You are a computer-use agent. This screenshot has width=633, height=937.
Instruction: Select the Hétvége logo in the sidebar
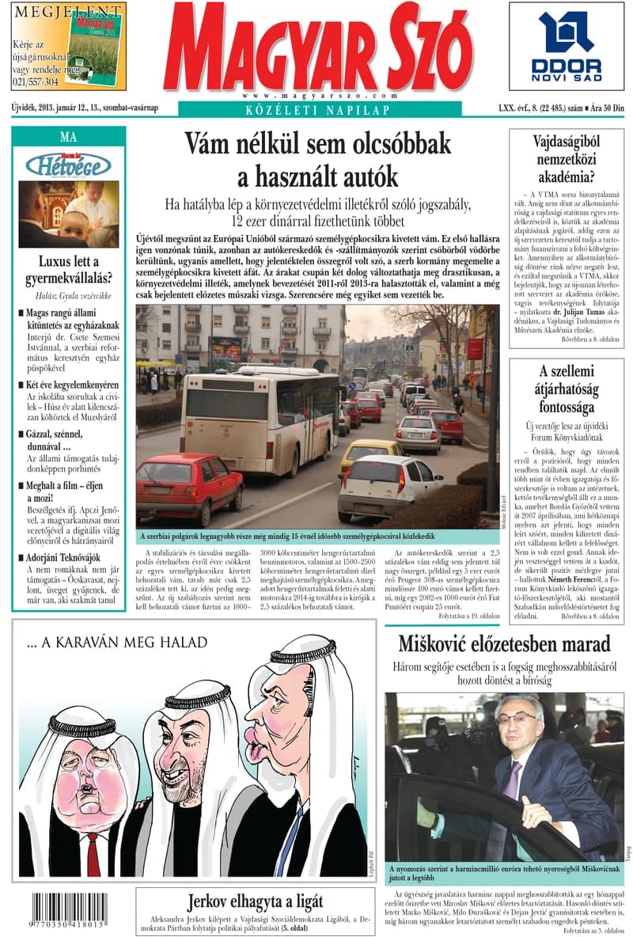[x=68, y=165]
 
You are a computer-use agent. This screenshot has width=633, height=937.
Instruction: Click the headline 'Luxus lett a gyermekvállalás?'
[x=69, y=270]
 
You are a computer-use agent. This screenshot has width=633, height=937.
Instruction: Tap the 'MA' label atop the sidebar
[x=68, y=136]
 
